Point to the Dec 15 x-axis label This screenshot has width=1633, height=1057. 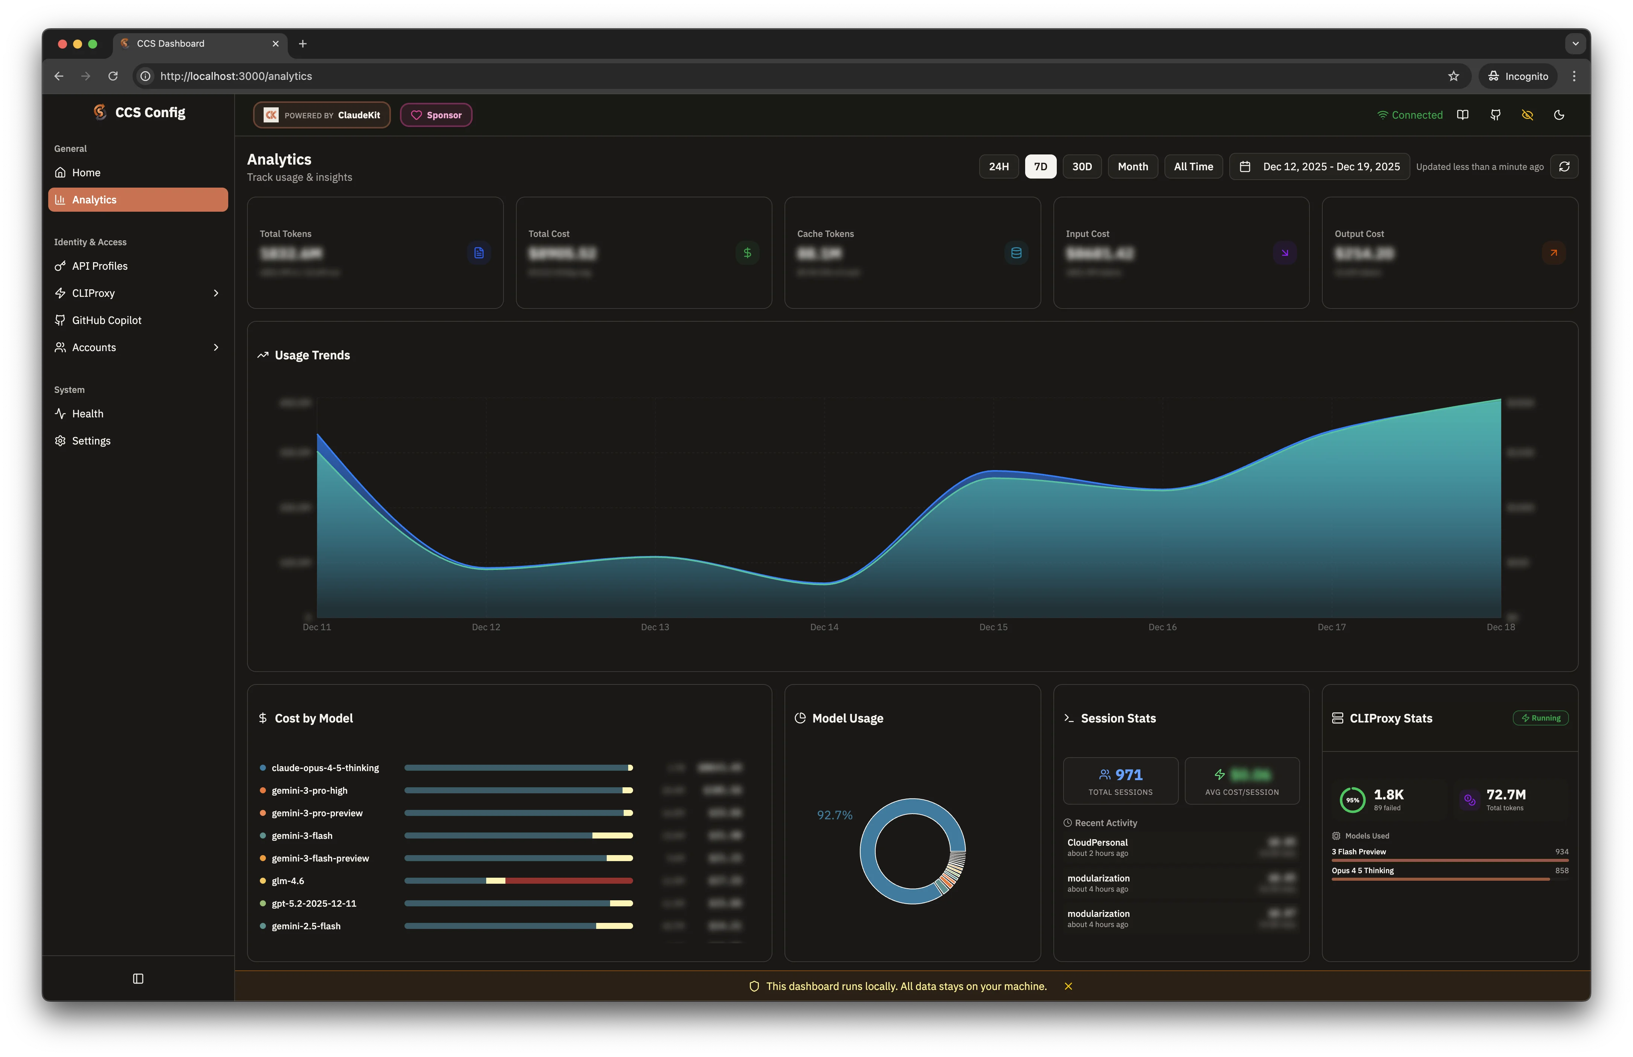point(993,627)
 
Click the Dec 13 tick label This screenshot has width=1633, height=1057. point(655,627)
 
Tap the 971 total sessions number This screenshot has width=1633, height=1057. point(1129,775)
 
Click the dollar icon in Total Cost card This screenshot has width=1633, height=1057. point(747,253)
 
